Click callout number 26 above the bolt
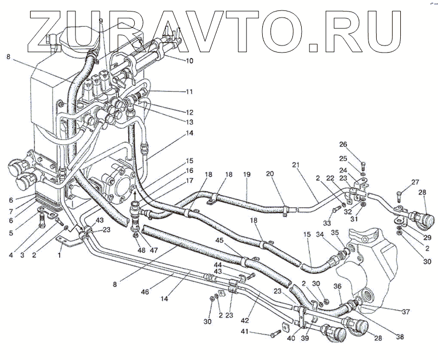(359, 145)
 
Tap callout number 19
(247, 174)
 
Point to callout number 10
(189, 61)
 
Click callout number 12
(189, 112)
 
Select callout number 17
(189, 180)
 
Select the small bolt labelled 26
(364, 163)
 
